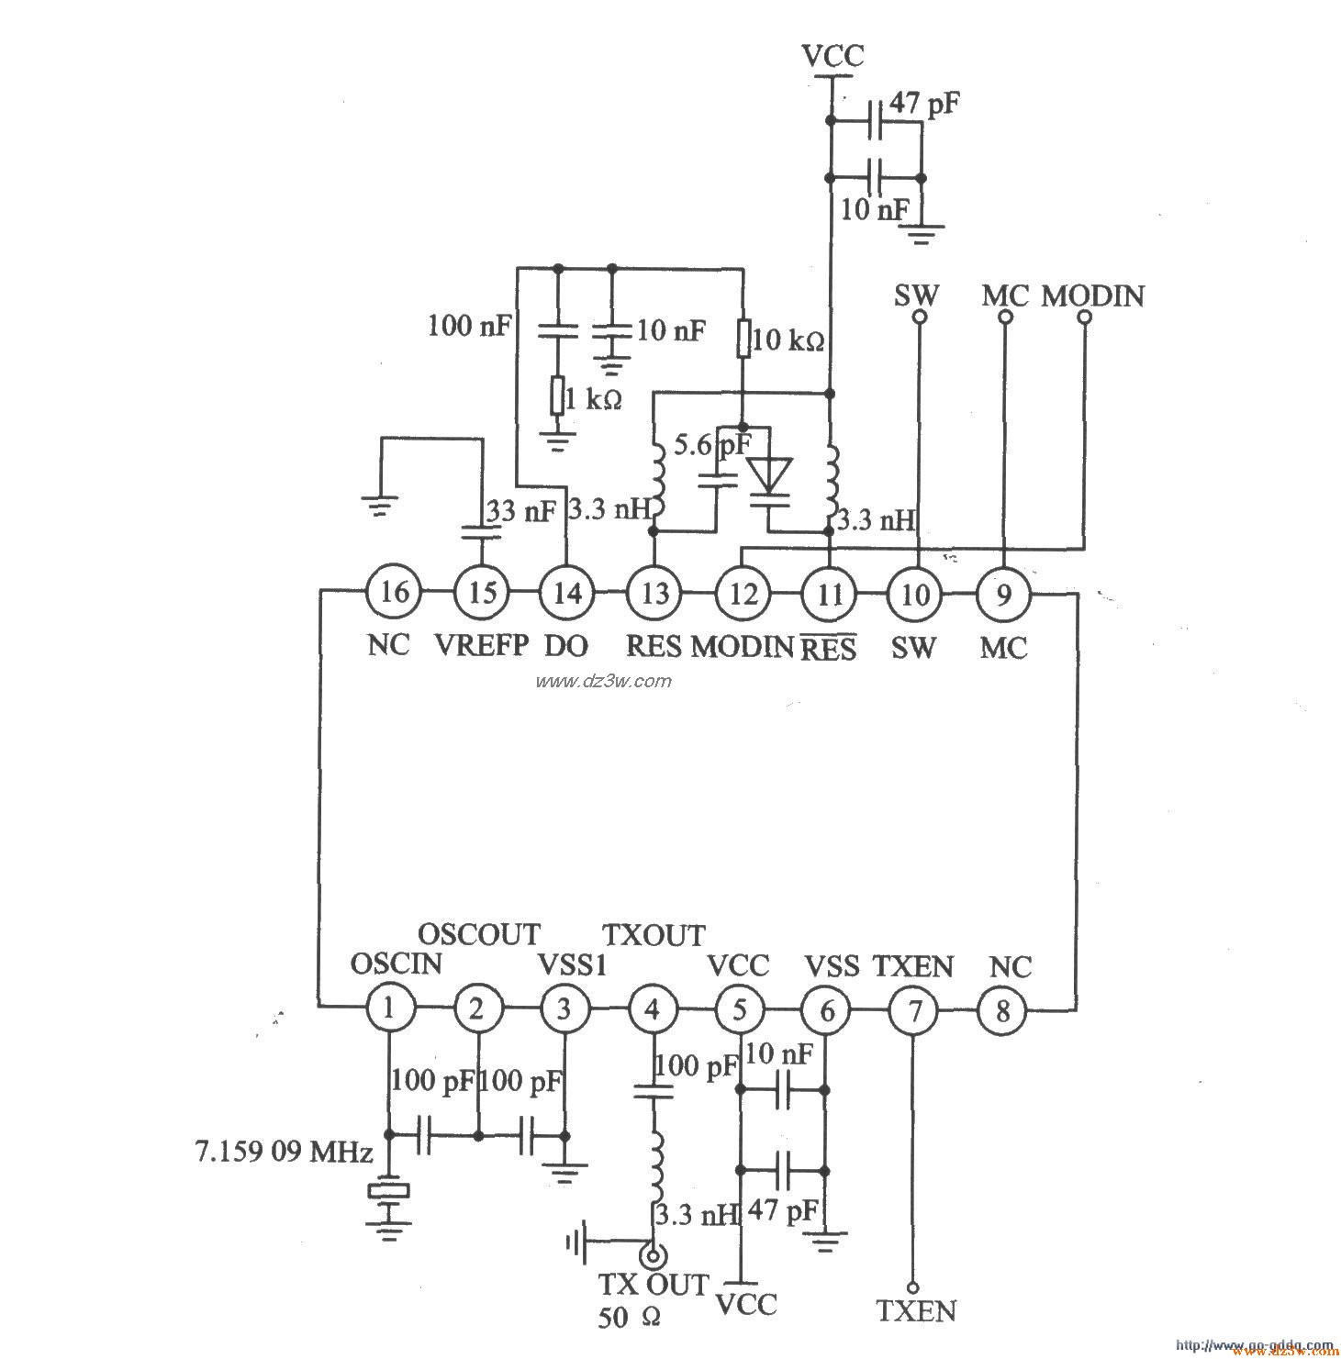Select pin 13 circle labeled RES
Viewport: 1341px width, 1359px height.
coord(654,593)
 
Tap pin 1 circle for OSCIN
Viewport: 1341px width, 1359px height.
coord(389,1009)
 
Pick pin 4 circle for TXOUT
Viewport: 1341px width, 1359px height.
coord(652,1009)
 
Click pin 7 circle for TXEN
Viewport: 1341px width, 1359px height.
coord(914,1010)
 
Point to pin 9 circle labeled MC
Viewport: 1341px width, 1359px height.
coord(1003,594)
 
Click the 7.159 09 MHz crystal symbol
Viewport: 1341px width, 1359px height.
coord(388,1191)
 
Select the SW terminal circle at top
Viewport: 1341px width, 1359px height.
coord(918,317)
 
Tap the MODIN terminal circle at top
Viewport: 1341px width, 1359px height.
coord(1084,317)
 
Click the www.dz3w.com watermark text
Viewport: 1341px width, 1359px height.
coord(603,681)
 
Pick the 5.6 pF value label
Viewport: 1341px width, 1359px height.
coord(710,446)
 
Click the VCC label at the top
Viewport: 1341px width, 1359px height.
coord(833,56)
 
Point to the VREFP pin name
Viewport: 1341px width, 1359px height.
coord(481,645)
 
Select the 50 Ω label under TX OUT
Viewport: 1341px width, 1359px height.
coord(629,1318)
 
